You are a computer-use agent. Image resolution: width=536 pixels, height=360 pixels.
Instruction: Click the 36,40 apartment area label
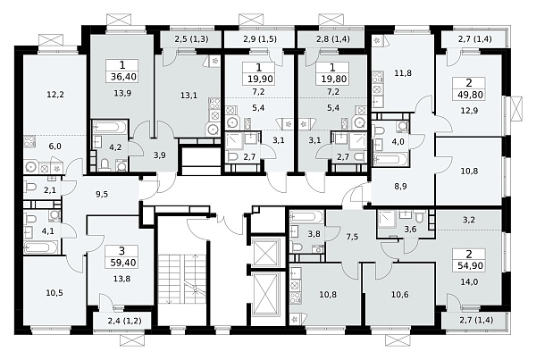pyautogui.click(x=123, y=77)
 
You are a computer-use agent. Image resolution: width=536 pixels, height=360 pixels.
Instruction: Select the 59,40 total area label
pyautogui.click(x=122, y=263)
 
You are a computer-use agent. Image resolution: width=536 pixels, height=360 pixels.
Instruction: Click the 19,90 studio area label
pyautogui.click(x=260, y=79)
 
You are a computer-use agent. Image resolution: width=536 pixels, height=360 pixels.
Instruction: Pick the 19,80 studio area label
pyautogui.click(x=333, y=79)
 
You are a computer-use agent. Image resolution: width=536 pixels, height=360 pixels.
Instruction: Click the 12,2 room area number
pyautogui.click(x=55, y=95)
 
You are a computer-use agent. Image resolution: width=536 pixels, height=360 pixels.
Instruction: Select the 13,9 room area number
pyautogui.click(x=122, y=93)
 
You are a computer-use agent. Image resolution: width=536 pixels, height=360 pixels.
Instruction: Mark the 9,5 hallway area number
pyautogui.click(x=102, y=194)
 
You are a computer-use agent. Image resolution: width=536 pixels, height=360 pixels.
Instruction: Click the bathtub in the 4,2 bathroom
pyautogui.click(x=109, y=128)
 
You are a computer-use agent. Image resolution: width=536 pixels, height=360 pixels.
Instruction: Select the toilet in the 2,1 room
pyautogui.click(x=30, y=187)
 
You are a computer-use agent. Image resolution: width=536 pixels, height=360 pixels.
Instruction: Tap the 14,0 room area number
pyautogui.click(x=469, y=282)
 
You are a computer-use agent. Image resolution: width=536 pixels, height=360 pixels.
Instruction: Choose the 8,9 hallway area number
pyautogui.click(x=400, y=187)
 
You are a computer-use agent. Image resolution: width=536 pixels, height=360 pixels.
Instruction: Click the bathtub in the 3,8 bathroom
pyautogui.click(x=306, y=217)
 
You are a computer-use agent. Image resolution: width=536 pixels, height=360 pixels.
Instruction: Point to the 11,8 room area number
pyautogui.click(x=403, y=73)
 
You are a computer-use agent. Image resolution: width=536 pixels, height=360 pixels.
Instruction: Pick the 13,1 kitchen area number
pyautogui.click(x=188, y=96)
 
